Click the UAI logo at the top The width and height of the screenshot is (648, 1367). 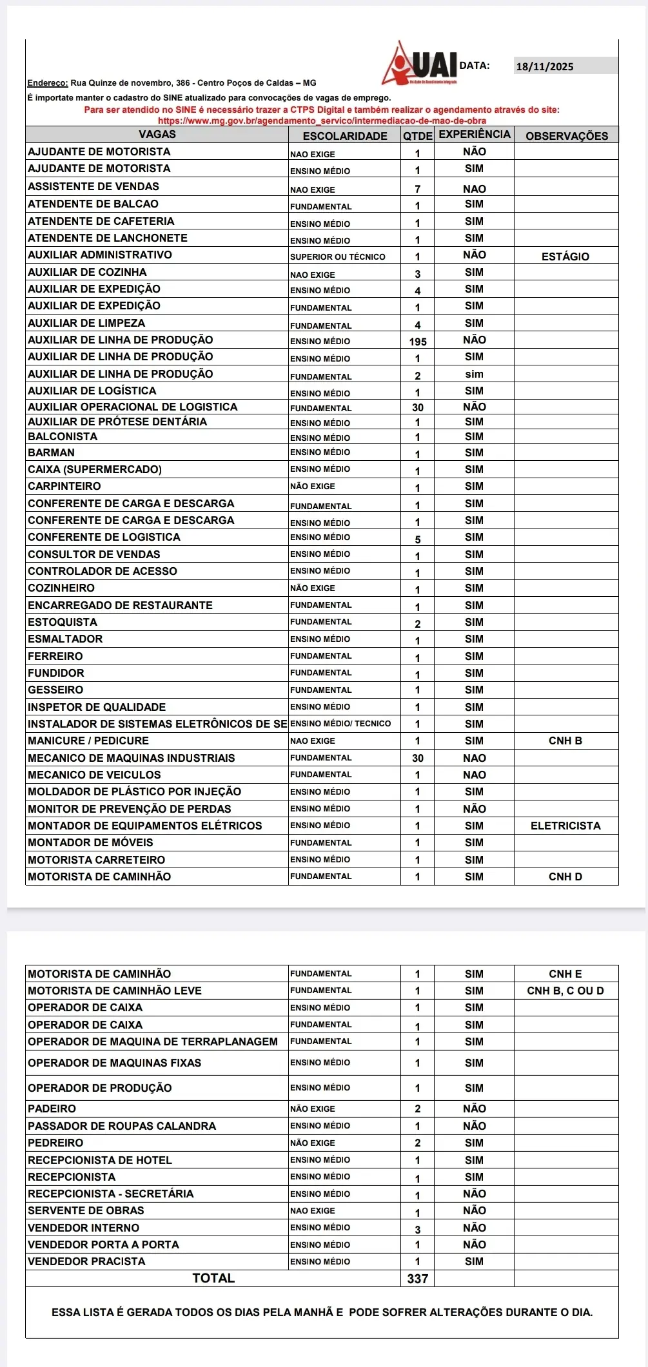click(x=420, y=64)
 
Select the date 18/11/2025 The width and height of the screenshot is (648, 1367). click(x=545, y=66)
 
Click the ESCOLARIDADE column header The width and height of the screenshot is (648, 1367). click(x=345, y=135)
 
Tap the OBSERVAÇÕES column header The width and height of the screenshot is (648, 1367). click(x=567, y=135)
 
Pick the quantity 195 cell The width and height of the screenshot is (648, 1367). click(x=418, y=342)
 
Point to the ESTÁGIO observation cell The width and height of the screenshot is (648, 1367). click(x=565, y=257)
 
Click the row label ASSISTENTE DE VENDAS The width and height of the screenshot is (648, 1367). click(x=93, y=186)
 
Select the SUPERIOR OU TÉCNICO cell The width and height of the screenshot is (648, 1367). click(x=338, y=257)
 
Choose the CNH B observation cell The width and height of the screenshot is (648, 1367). click(x=565, y=741)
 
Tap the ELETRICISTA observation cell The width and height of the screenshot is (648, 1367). click(x=565, y=826)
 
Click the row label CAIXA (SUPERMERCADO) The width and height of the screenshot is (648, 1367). click(x=95, y=469)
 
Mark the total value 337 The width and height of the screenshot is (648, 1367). click(x=418, y=1279)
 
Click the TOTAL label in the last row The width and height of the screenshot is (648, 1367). click(x=213, y=1278)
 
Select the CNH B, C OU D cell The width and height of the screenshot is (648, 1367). click(x=565, y=991)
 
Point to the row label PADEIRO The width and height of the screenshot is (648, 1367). click(x=52, y=1109)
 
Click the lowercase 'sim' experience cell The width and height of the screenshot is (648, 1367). click(x=474, y=374)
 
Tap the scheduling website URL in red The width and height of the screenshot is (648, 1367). click(x=322, y=121)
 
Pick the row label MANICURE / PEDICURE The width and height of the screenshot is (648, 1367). click(x=88, y=741)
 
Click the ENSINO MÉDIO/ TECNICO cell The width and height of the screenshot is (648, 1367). click(x=340, y=724)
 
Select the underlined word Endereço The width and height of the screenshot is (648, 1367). click(x=48, y=83)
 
